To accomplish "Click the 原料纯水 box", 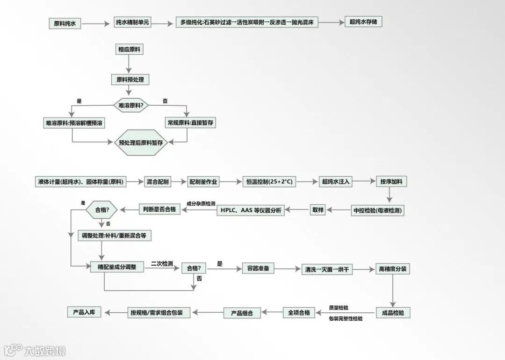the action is click(65, 23).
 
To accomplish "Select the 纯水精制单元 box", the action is click(133, 22).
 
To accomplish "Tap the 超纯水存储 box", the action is click(363, 22).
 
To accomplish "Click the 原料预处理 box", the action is click(130, 79).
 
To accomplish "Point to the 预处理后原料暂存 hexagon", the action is click(141, 143).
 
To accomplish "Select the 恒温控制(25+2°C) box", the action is click(270, 181).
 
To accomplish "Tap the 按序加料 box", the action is click(389, 181).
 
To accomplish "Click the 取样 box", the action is click(317, 210).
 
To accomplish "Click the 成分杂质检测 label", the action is click(201, 204).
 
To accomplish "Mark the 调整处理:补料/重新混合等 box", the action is click(115, 236).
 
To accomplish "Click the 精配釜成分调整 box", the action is click(117, 267).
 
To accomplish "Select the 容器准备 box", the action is click(258, 268).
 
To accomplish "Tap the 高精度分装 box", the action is click(392, 269).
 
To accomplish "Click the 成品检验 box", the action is click(393, 313).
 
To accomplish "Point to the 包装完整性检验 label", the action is click(346, 318).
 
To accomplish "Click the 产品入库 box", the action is click(84, 312).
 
